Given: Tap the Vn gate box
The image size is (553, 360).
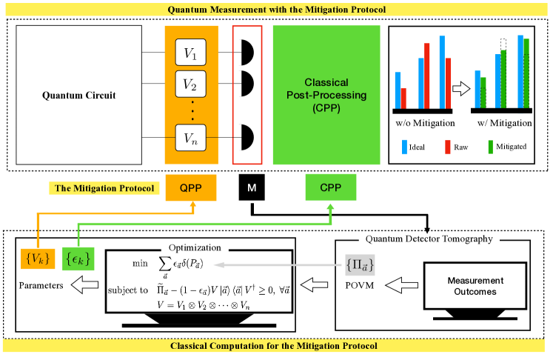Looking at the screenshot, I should click(x=190, y=137).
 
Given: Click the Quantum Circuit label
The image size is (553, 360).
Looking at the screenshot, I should click(x=78, y=96).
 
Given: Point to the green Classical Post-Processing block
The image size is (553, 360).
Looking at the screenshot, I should click(x=326, y=95).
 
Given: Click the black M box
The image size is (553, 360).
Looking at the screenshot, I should click(x=252, y=188).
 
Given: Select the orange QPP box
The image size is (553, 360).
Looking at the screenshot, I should click(x=192, y=188).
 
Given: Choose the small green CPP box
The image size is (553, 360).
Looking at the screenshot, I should click(x=331, y=188).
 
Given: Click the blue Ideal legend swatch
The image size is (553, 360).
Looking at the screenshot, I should click(x=405, y=147).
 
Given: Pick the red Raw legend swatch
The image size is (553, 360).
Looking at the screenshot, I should click(x=449, y=147).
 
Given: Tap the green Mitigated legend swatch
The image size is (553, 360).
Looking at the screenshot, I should click(x=492, y=147).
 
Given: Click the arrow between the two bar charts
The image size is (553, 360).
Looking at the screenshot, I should click(x=461, y=90).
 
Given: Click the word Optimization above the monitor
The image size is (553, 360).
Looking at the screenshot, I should click(x=195, y=246).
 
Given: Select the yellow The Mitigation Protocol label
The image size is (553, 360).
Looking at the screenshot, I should click(x=102, y=188).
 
